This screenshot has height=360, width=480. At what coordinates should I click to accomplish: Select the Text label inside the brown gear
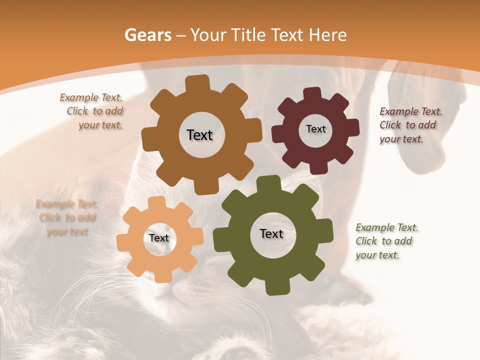point(199,135)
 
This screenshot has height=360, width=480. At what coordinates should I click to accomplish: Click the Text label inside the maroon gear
point(315,129)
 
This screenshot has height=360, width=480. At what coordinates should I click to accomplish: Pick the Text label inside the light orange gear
point(159,238)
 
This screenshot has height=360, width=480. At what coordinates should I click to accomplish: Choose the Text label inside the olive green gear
point(271,233)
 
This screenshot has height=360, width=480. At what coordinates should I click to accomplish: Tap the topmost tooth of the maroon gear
point(312,94)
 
